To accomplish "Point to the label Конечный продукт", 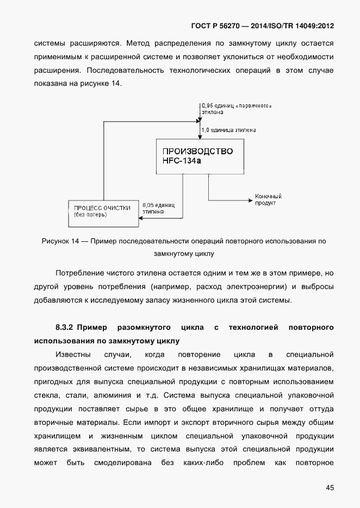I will [x=268, y=199].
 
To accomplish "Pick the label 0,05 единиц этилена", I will [x=158, y=209].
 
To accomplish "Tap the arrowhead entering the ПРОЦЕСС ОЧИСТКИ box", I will [x=141, y=217].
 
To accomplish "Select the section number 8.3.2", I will [x=65, y=328].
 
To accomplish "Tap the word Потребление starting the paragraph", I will [x=79, y=272].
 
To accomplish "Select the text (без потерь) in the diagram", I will [x=90, y=215].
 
